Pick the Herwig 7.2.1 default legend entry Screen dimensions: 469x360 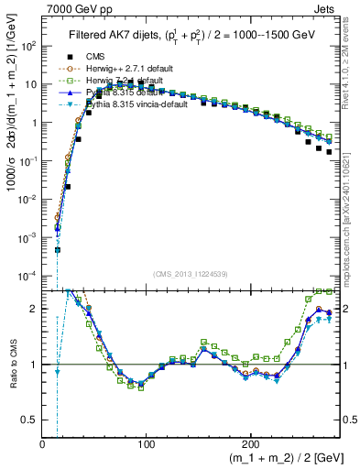click(x=110, y=81)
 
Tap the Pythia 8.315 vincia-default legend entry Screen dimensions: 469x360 click(x=120, y=104)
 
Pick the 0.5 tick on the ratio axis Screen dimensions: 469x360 click(x=29, y=420)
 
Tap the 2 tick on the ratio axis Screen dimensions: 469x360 click(x=33, y=309)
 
